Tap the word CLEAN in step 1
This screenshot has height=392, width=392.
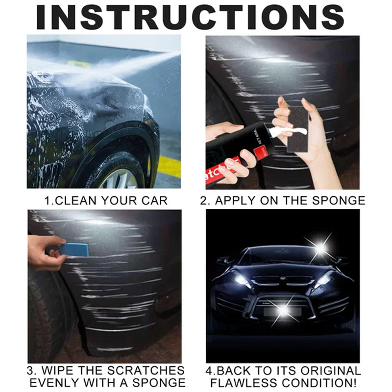click(x=83, y=200)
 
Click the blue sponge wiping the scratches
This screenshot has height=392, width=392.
click(x=74, y=249)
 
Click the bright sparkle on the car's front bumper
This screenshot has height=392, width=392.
click(x=283, y=310)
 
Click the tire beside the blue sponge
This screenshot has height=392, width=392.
click(x=47, y=314)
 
